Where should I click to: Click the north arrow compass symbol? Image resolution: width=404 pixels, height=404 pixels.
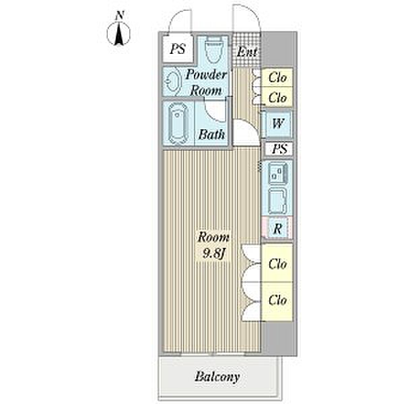pos(119,33)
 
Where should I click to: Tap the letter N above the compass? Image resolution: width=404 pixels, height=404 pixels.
pos(119,14)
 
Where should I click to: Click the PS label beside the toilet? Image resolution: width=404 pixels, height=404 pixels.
pos(177,48)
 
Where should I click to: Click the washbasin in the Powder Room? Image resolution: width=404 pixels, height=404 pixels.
pos(173,83)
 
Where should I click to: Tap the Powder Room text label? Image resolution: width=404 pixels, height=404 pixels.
pos(207,82)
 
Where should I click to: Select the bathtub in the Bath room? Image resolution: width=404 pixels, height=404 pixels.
pos(178,123)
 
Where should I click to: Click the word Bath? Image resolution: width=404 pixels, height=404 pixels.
pos(211,135)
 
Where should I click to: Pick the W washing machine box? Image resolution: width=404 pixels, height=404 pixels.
pos(277,124)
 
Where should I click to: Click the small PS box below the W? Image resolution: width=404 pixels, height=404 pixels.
pos(277,149)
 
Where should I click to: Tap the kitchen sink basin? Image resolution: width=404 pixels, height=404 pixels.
pos(277,174)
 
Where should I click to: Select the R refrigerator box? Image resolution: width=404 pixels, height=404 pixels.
pos(277,228)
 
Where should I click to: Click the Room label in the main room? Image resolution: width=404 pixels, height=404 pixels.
pos(213,238)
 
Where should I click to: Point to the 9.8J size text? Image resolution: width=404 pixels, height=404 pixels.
pos(213,255)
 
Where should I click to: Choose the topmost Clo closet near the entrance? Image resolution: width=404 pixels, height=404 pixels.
pos(277,78)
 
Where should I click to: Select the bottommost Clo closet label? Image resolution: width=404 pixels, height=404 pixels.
pos(277,299)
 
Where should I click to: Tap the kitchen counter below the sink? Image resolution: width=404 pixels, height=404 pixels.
pos(277,200)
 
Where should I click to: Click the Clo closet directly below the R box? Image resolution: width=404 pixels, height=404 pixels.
pos(277,264)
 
